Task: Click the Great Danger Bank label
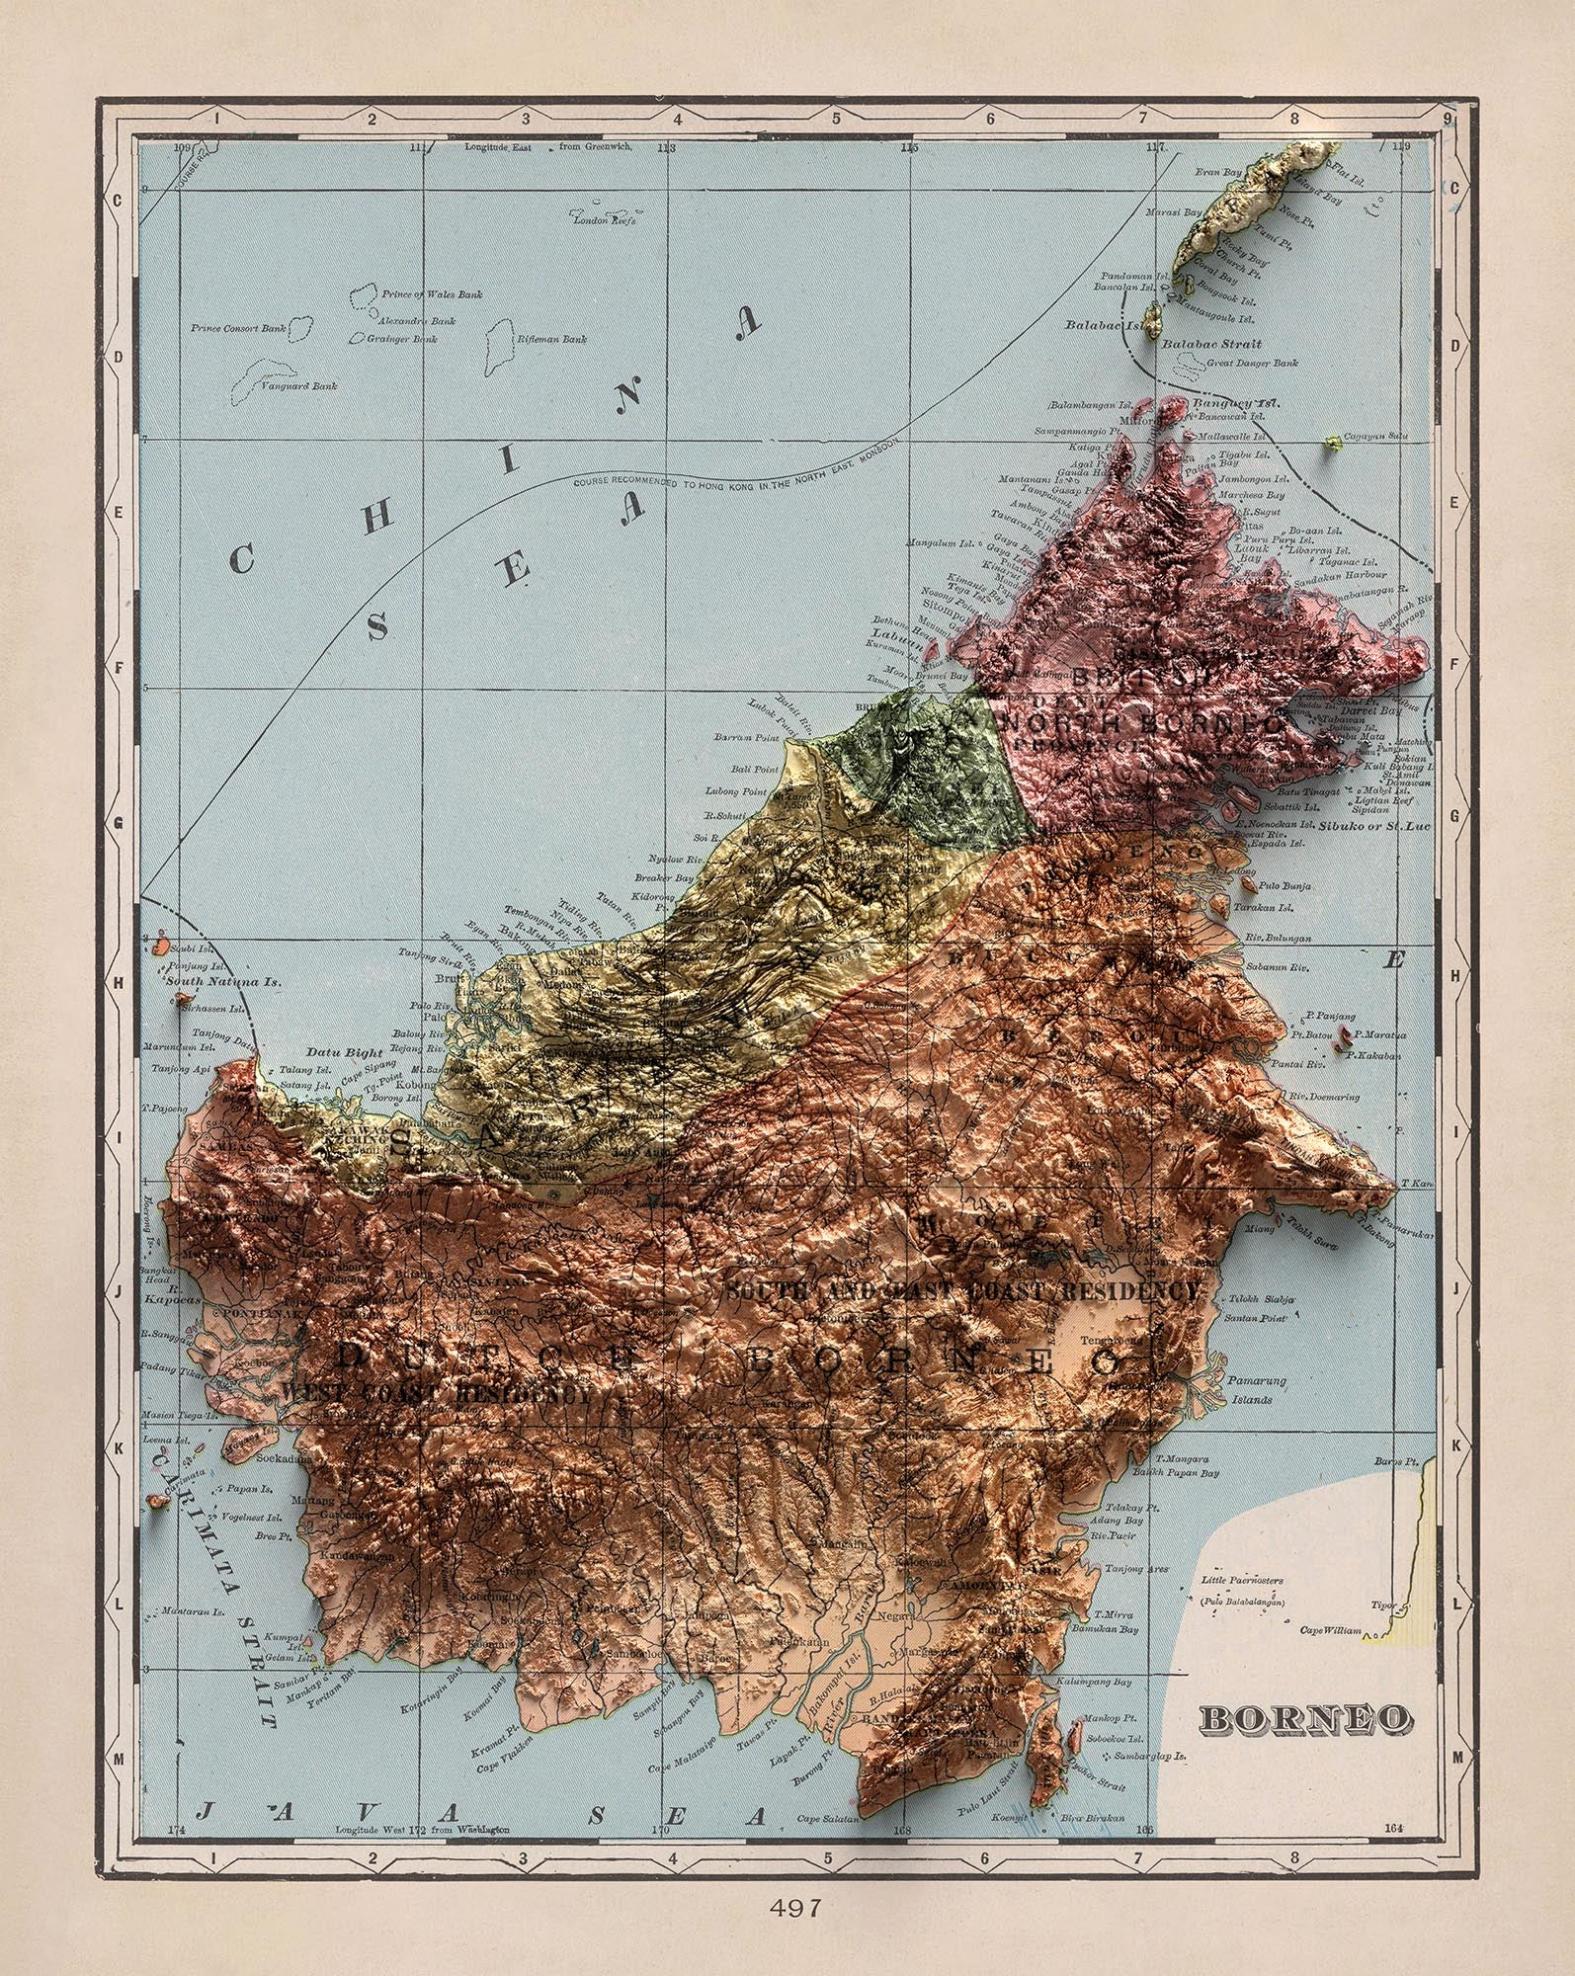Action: pyautogui.click(x=1252, y=364)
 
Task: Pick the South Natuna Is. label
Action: pyautogui.click(x=222, y=983)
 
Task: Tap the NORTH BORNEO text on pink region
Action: pyautogui.click(x=1146, y=726)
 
